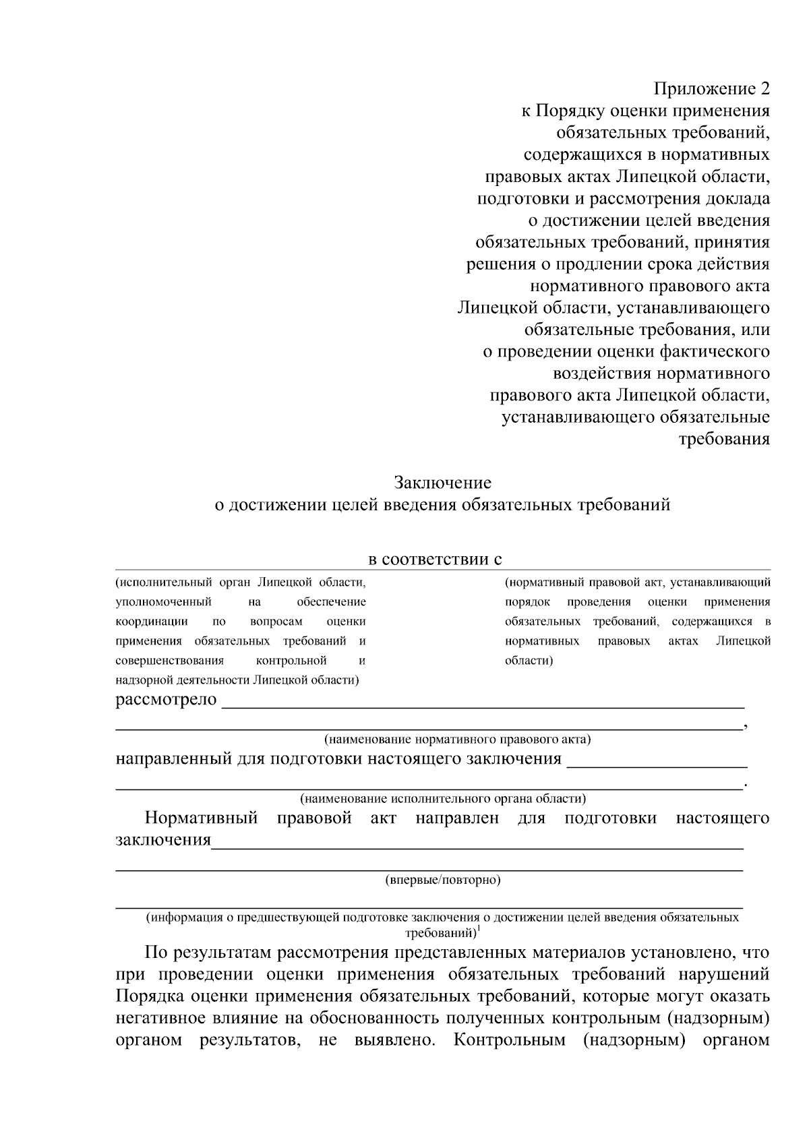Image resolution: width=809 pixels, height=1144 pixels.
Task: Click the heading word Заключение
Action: (x=442, y=483)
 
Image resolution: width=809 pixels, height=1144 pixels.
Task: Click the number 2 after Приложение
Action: (x=764, y=89)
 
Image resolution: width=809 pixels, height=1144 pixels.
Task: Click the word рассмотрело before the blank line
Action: (x=166, y=700)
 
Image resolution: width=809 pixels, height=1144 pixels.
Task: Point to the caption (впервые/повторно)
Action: (x=442, y=880)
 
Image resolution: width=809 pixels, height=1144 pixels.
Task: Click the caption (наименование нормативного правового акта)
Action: (x=457, y=740)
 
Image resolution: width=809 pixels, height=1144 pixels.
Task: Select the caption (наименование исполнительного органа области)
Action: (x=442, y=799)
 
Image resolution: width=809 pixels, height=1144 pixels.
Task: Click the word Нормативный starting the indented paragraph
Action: (x=202, y=818)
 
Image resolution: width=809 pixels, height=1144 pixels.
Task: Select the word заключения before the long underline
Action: (x=163, y=841)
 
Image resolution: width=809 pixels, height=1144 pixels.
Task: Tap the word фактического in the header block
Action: (x=715, y=352)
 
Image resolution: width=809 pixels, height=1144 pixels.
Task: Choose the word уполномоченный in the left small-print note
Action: (x=164, y=601)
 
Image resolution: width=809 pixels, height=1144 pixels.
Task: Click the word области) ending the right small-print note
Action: (x=529, y=660)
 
